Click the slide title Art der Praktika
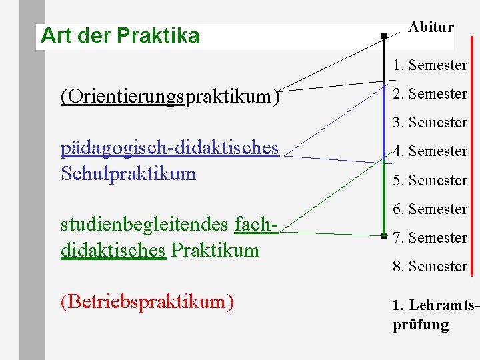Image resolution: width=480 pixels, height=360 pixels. [120, 35]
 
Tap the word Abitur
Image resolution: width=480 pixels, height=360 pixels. [431, 27]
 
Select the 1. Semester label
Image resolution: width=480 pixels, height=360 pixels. [430, 65]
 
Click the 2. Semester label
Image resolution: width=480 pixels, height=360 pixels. [430, 94]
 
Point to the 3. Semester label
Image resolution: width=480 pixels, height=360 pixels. [430, 123]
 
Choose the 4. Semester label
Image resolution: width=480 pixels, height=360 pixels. [430, 151]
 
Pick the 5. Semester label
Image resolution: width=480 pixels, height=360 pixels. [430, 181]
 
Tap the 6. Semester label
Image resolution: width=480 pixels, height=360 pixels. [430, 209]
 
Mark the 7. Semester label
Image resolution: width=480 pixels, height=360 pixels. [430, 238]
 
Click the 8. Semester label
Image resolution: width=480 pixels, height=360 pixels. [430, 267]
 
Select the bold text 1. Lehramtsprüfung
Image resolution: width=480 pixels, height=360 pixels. [434, 315]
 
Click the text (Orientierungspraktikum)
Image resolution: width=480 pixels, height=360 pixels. [170, 97]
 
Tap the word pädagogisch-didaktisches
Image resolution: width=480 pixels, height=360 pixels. [170, 147]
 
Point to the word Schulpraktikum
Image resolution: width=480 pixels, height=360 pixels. [128, 174]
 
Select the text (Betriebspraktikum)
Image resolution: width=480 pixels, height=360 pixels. [147, 302]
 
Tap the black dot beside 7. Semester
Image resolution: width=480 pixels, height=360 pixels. [384, 235]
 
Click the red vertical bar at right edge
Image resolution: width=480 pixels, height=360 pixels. [473, 153]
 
